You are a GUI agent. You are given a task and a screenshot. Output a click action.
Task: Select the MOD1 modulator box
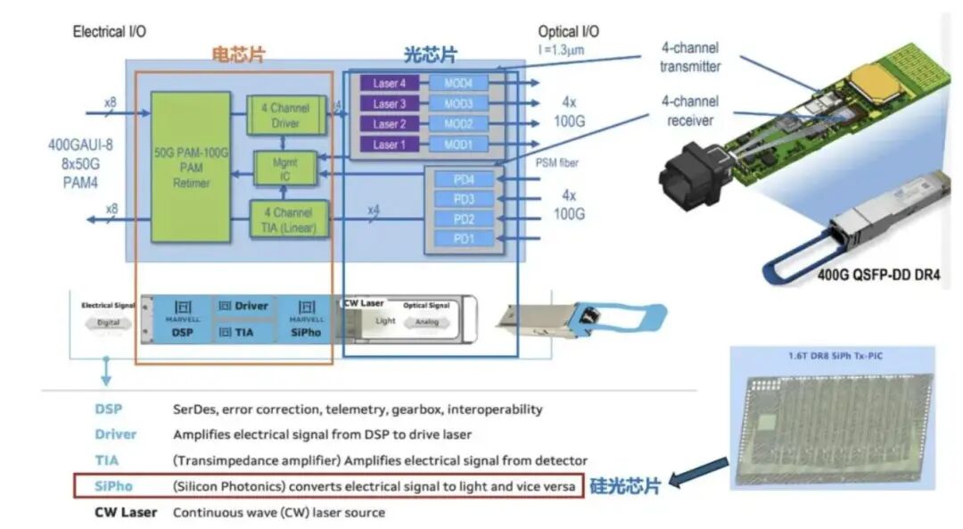tap(458, 145)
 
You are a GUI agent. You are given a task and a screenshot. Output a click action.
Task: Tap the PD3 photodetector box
tap(464, 199)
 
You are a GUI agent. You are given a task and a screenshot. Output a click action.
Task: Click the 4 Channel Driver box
tap(285, 116)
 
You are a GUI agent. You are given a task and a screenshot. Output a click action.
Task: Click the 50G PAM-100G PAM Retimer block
tap(190, 165)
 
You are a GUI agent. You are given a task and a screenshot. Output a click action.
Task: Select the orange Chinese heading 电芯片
tap(237, 54)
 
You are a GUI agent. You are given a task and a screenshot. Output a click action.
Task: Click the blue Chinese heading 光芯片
tap(430, 54)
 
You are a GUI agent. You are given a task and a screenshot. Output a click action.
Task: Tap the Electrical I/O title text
tap(109, 31)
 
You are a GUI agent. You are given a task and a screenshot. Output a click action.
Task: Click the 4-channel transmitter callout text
tap(689, 57)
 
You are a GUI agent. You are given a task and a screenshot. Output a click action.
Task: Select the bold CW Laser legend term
tap(126, 512)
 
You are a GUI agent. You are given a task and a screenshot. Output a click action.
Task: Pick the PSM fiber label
tap(555, 161)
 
